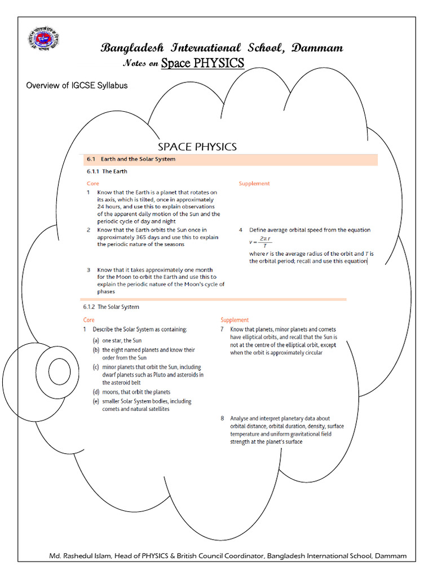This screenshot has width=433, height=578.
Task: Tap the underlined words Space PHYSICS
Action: (x=202, y=63)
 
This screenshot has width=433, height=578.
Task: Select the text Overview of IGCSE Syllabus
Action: (x=77, y=85)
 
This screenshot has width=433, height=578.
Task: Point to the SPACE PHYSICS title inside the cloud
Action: (x=197, y=147)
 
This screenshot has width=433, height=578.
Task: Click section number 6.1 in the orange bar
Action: (x=92, y=159)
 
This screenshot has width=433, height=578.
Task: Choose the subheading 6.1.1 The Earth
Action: (x=107, y=171)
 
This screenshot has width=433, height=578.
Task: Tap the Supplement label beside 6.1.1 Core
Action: (x=254, y=183)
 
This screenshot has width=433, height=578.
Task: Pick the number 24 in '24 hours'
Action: (x=101, y=207)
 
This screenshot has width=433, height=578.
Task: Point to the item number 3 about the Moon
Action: (x=89, y=270)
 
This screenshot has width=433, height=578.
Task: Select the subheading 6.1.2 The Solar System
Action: (x=111, y=307)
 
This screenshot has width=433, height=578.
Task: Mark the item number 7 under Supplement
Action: (x=223, y=329)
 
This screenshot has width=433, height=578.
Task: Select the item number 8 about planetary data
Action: (x=223, y=418)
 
